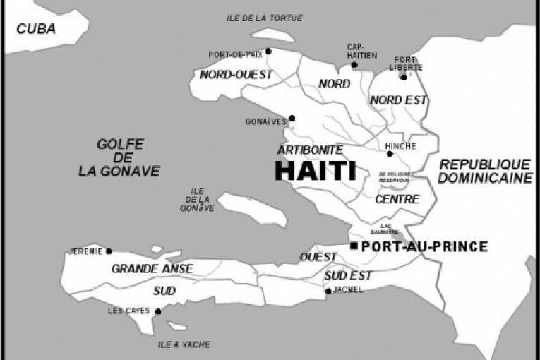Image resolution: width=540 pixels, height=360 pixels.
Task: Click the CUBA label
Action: [36, 29]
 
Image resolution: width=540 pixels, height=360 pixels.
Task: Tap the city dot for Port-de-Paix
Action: [268, 51]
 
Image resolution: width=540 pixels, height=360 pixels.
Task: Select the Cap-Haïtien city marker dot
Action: [354, 65]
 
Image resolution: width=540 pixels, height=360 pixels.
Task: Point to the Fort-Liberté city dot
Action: [404, 77]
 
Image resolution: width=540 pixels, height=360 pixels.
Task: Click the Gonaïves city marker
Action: [292, 118]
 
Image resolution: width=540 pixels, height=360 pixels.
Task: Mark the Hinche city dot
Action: [390, 153]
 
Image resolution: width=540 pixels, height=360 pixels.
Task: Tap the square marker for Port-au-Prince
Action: [354, 246]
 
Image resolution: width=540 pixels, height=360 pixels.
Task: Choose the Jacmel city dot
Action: [328, 291]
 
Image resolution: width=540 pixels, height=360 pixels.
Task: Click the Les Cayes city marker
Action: [158, 311]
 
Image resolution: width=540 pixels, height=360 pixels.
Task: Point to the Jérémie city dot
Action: [109, 251]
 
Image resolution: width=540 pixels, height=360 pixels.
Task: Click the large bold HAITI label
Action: [315, 171]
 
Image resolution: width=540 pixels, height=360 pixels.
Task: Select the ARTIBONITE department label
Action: [310, 150]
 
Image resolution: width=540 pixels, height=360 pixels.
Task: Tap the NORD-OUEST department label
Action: [227, 74]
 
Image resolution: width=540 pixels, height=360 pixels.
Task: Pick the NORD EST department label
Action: [399, 100]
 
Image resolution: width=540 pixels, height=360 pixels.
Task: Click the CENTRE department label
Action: [397, 199]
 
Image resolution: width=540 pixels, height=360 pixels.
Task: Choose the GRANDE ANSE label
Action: [152, 268]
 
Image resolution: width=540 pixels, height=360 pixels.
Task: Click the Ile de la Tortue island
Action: [272, 34]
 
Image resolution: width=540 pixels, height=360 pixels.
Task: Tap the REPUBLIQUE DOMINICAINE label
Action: [484, 171]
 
